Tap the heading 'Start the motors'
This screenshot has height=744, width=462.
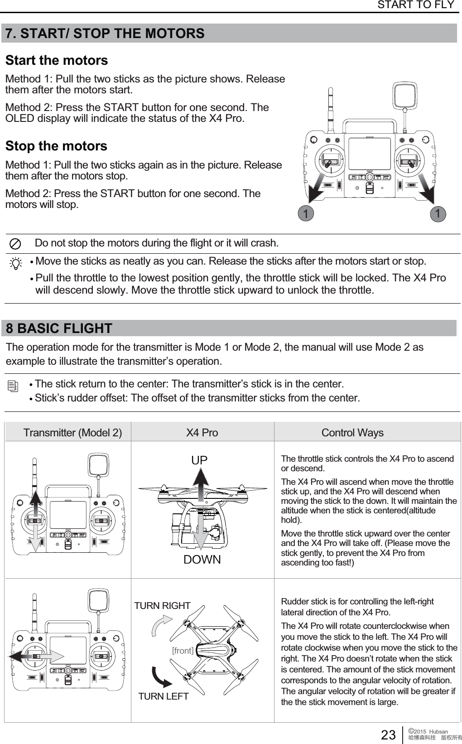point(57,60)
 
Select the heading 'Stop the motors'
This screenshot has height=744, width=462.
point(56,146)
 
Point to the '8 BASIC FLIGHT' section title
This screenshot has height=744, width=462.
point(59,328)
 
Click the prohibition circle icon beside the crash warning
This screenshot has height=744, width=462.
point(15,244)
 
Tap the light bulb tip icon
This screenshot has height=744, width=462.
point(16,263)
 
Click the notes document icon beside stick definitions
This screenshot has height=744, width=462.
point(14,386)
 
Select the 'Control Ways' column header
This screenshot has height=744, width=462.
point(352,433)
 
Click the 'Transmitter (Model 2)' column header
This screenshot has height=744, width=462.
point(72,433)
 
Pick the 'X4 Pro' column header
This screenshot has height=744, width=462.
point(202,433)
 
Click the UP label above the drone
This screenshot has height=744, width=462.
point(199,460)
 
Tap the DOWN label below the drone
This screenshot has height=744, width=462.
point(202,560)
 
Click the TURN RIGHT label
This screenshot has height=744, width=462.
point(163,606)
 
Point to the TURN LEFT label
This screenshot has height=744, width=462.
point(163,696)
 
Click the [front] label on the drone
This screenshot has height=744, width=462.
point(183,651)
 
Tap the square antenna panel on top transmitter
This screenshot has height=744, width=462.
point(405,96)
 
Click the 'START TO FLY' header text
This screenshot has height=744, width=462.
point(415,5)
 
